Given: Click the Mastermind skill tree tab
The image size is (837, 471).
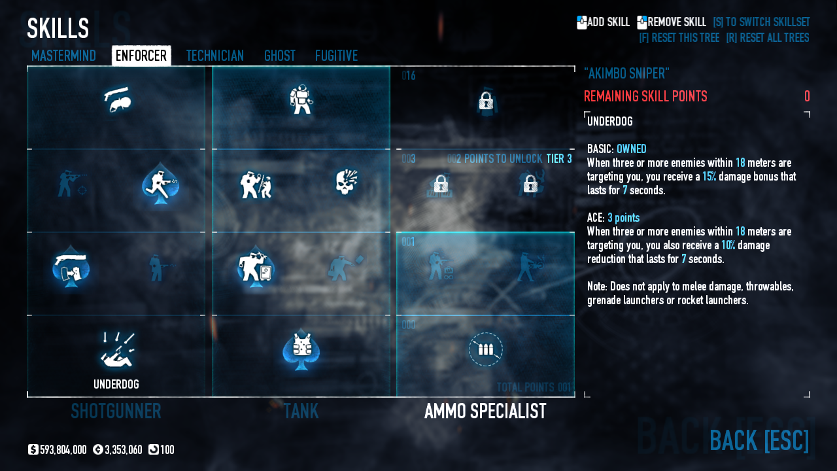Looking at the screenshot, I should click(x=63, y=56).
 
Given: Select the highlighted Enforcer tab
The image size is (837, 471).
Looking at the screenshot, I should click(x=141, y=56).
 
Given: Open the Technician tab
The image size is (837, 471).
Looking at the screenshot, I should click(x=214, y=56).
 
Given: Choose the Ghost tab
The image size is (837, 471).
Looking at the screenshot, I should click(x=279, y=56).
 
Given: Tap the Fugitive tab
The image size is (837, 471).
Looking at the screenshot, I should click(x=336, y=56).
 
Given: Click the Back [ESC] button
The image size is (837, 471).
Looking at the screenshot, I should click(x=759, y=440).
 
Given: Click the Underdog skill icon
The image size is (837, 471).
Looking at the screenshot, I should click(x=117, y=350).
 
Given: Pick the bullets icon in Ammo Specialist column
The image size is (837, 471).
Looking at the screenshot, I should click(x=485, y=349).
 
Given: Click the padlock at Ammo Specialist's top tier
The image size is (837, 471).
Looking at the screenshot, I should click(x=485, y=101).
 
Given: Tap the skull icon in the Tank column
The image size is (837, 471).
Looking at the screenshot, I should click(x=345, y=183).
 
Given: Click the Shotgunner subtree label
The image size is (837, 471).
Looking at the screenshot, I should click(x=116, y=411).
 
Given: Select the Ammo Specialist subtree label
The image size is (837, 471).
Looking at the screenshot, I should click(x=485, y=411).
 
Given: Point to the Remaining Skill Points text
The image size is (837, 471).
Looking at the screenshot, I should click(x=645, y=97).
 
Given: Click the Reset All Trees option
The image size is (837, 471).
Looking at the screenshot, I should click(x=767, y=38).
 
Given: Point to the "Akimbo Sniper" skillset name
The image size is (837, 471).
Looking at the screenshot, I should click(x=626, y=73).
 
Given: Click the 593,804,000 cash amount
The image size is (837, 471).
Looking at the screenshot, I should click(x=63, y=450).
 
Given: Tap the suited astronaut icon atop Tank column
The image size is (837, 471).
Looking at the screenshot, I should click(x=301, y=99).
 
